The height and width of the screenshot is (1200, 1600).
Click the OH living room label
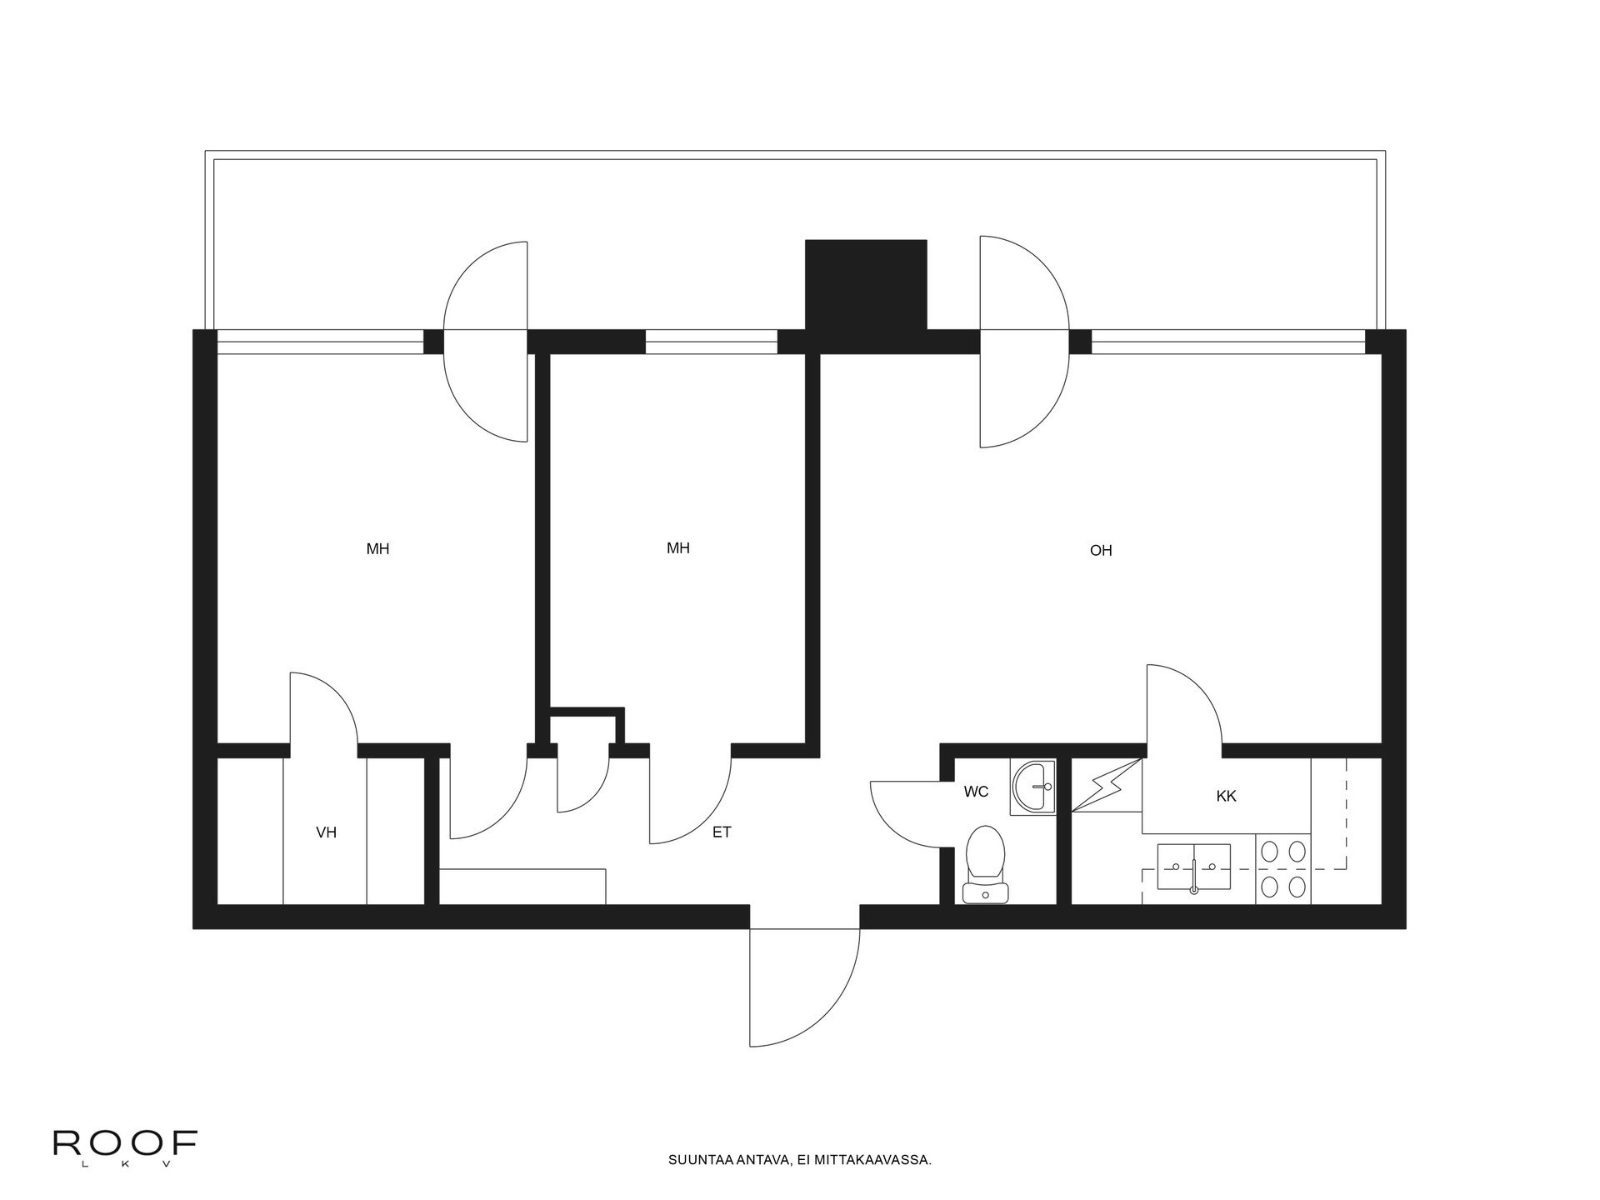[1101, 551]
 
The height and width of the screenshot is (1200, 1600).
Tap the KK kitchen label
[1226, 796]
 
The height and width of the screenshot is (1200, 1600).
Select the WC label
[976, 792]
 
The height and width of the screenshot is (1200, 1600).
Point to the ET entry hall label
[722, 832]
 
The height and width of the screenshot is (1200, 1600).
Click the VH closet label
[326, 832]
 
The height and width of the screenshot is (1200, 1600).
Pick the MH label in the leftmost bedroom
[377, 549]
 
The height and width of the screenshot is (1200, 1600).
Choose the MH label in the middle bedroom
[678, 548]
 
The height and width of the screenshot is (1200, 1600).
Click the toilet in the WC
[985, 864]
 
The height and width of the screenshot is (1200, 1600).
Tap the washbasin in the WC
[1033, 787]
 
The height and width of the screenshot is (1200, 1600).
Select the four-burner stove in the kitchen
[1283, 869]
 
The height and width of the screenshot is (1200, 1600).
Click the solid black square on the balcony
[866, 285]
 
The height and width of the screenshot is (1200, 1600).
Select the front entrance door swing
[805, 987]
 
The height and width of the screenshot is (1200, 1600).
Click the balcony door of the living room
[1023, 342]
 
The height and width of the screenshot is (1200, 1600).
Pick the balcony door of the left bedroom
[486, 342]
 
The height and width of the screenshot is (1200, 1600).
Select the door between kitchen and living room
[1184, 705]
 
